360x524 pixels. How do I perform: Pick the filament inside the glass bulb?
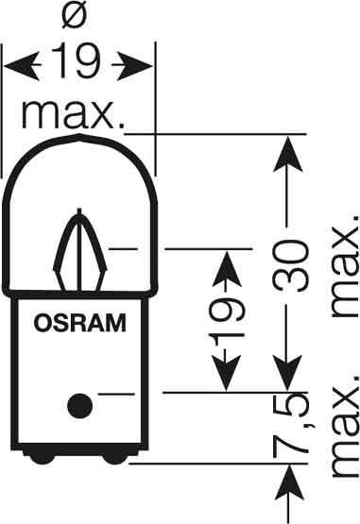click(x=78, y=254)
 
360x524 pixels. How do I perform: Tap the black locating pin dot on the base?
click(x=79, y=405)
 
